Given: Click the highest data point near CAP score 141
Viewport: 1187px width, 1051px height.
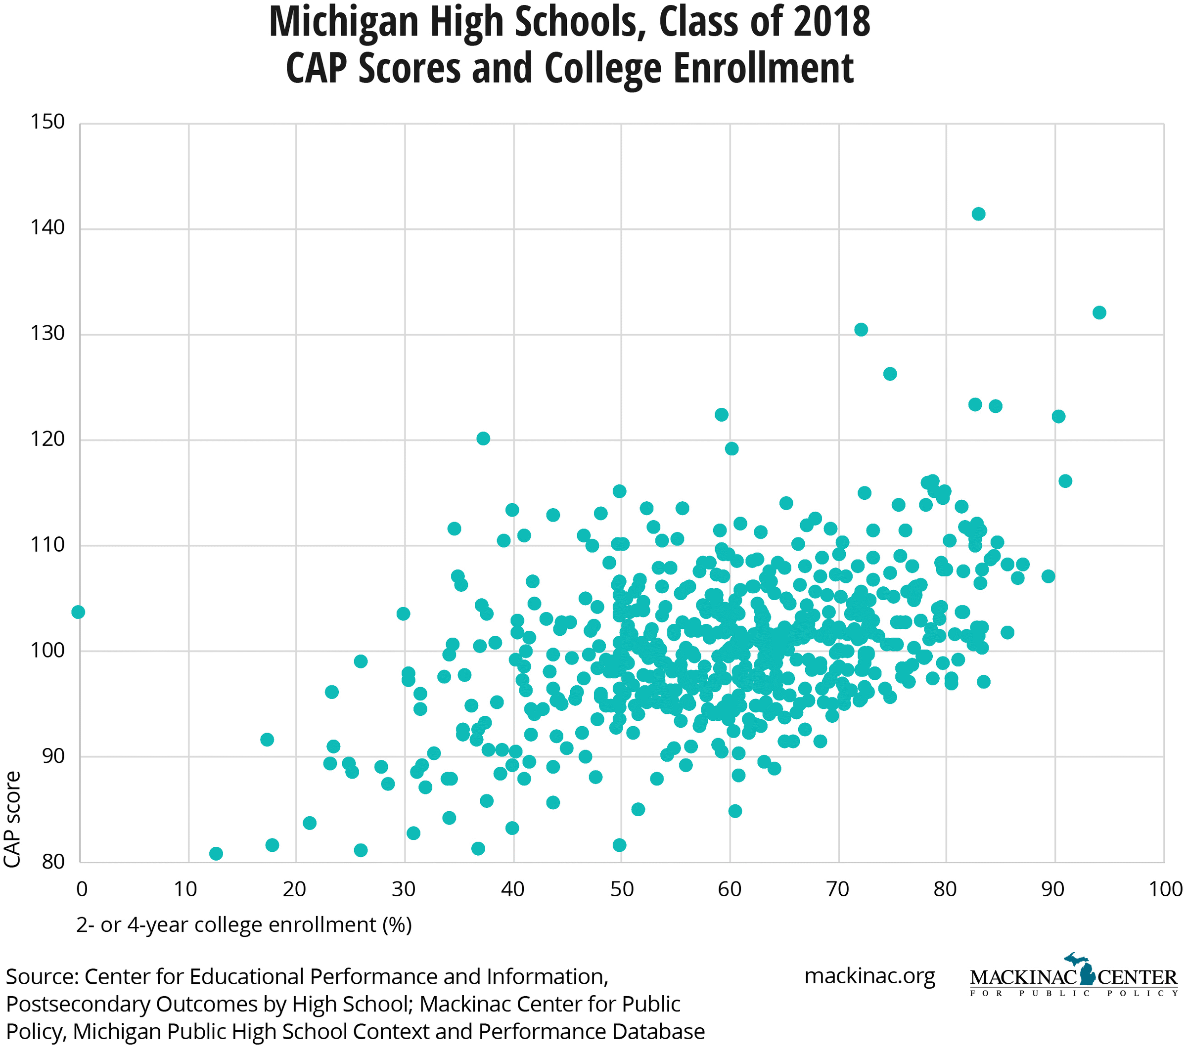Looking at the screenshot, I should (x=978, y=214).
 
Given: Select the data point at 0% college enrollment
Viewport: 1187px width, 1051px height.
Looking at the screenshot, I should (x=79, y=613).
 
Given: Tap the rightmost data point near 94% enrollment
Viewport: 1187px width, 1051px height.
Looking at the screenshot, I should (x=1099, y=313).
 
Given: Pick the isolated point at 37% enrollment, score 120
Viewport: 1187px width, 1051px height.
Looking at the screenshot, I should (x=483, y=438).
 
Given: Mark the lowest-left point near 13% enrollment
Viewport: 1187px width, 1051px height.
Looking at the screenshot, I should (x=216, y=853).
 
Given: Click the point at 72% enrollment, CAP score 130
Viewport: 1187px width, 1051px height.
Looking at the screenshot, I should (x=861, y=330).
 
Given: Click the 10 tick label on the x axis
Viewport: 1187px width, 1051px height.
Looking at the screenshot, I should (x=187, y=889).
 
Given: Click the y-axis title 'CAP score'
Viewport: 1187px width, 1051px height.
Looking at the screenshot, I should (x=13, y=820).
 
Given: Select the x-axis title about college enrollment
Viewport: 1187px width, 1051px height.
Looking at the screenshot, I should (x=244, y=924).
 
